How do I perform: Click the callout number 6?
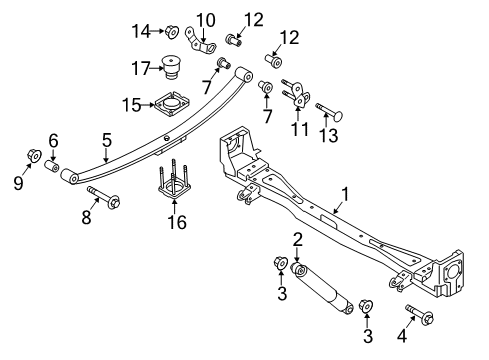click(x=54, y=140)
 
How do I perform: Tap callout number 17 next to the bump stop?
click(x=143, y=68)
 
